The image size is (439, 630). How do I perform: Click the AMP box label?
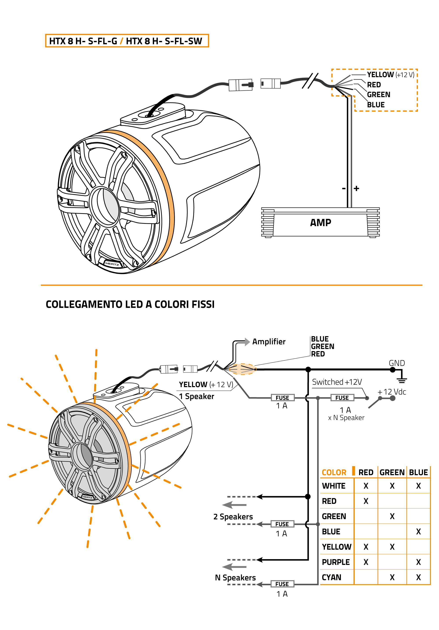pyautogui.click(x=320, y=222)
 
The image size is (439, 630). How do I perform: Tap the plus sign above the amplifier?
pyautogui.click(x=356, y=188)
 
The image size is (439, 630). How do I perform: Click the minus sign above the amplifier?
pyautogui.click(x=344, y=188)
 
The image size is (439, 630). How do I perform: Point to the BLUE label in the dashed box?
pyautogui.click(x=376, y=105)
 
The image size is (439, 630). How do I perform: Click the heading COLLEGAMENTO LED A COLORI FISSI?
pyautogui.click(x=130, y=304)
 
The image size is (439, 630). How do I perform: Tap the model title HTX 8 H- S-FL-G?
pyautogui.click(x=83, y=41)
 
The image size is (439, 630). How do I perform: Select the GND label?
pyautogui.click(x=396, y=363)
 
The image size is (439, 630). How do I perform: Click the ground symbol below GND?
pyautogui.click(x=402, y=380)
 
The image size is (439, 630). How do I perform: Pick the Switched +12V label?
pyautogui.click(x=337, y=382)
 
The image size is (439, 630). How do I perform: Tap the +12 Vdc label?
pyautogui.click(x=392, y=392)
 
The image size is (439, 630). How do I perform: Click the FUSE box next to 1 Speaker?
pyautogui.click(x=282, y=398)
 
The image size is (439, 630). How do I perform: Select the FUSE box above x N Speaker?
pyautogui.click(x=342, y=398)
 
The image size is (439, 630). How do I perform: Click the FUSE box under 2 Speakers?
pyautogui.click(x=282, y=524)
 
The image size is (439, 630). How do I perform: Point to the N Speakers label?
pyautogui.click(x=235, y=578)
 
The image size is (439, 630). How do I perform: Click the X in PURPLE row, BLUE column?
pyautogui.click(x=418, y=562)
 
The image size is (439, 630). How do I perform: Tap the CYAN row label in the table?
pyautogui.click(x=331, y=577)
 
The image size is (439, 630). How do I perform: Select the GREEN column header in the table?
pyautogui.click(x=392, y=472)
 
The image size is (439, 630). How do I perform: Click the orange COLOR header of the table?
pyautogui.click(x=334, y=472)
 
